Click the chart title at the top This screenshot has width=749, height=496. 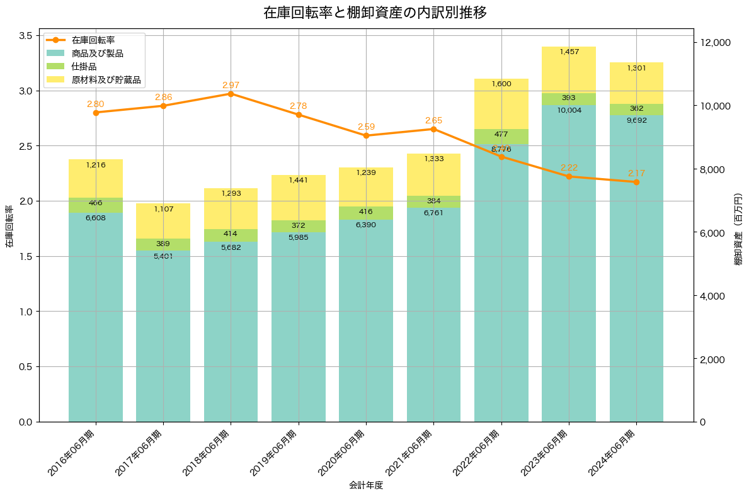pyautogui.click(x=374, y=13)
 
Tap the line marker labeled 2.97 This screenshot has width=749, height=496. pyautogui.click(x=231, y=94)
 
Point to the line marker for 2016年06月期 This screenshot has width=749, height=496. pyautogui.click(x=96, y=113)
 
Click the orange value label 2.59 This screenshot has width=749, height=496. pyautogui.click(x=366, y=127)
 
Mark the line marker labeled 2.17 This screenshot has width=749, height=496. pyautogui.click(x=636, y=182)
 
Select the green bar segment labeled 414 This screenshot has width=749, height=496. pyautogui.click(x=231, y=235)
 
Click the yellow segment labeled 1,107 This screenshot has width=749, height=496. pyautogui.click(x=163, y=220)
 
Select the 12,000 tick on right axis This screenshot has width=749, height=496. pyautogui.click(x=715, y=42)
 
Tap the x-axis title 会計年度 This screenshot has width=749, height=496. pyautogui.click(x=366, y=485)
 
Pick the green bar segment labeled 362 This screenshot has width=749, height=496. pyautogui.click(x=636, y=110)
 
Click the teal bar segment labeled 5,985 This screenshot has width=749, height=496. pyautogui.click(x=299, y=327)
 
